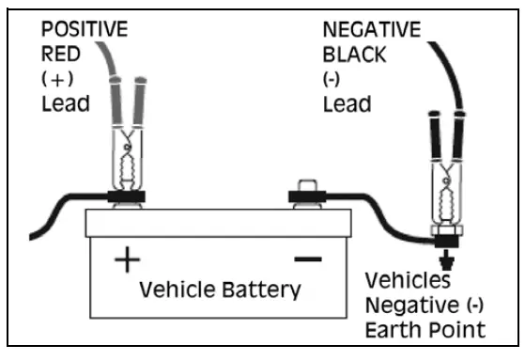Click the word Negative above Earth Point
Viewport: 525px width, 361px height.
(409, 305)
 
